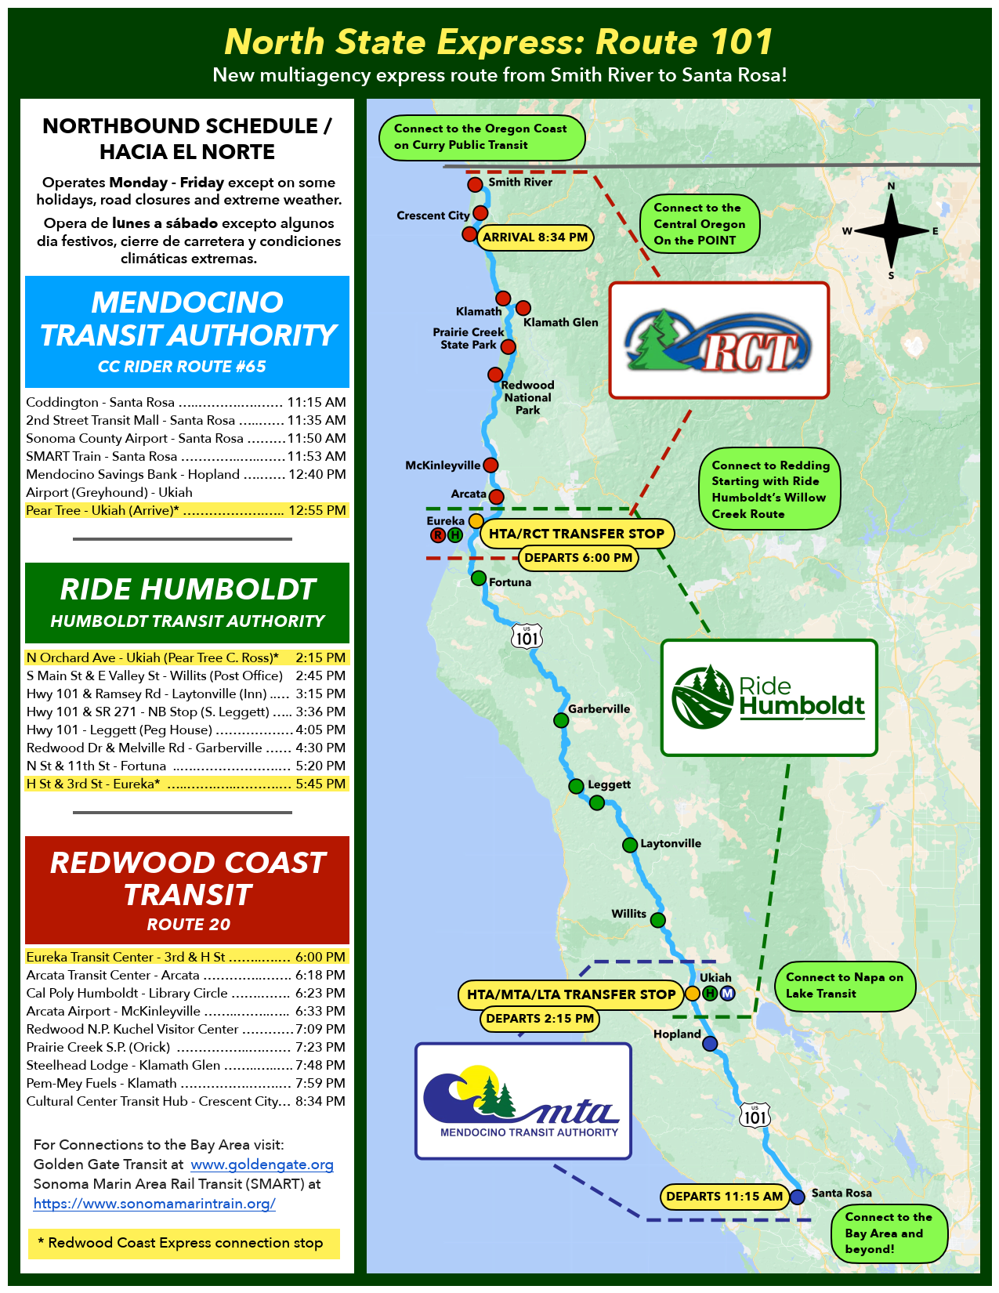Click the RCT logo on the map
[x=718, y=340]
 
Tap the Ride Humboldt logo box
[x=769, y=697]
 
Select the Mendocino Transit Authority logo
[x=523, y=1101]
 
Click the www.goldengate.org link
[x=262, y=1164]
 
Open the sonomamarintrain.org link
[x=154, y=1203]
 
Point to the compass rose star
[x=891, y=230]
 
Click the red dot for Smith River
[x=475, y=184]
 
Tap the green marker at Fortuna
[x=479, y=578]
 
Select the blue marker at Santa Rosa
[x=798, y=1196]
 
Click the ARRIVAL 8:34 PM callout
[x=535, y=237]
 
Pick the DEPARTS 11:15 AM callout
[x=724, y=1196]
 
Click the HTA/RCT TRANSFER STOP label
[x=576, y=533]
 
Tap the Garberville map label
[x=599, y=708]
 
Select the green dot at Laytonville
[x=629, y=844]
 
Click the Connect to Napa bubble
[x=845, y=985]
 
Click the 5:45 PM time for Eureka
[x=320, y=784]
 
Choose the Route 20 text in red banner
[x=188, y=924]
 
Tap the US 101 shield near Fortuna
[x=527, y=636]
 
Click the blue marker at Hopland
[x=710, y=1043]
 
